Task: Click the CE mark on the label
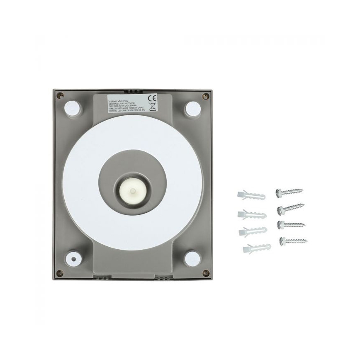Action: pyautogui.click(x=152, y=99)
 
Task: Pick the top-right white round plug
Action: pyautogui.click(x=192, y=108)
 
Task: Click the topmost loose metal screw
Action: pyautogui.click(x=289, y=192)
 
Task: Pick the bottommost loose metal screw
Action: pyautogui.click(x=293, y=240)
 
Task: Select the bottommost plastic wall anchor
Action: pyautogui.click(x=256, y=248)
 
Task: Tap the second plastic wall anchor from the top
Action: pyautogui.click(x=252, y=214)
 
